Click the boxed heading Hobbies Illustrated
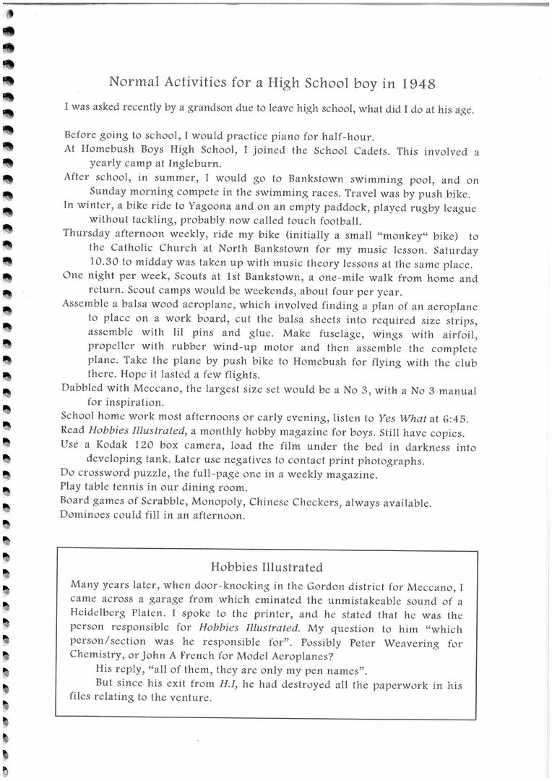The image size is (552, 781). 267,567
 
